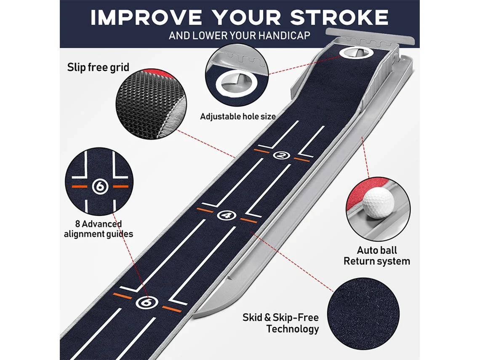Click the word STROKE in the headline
pos(339,17)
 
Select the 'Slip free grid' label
pos(98,67)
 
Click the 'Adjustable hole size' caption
pos(238,116)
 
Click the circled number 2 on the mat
pos(281,155)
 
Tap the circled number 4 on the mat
pos(227,215)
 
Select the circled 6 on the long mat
pos(147,302)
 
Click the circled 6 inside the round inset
pos(100,186)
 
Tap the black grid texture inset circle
pos(151,104)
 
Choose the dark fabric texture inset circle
pos(363,313)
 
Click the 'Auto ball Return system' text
pos(376,256)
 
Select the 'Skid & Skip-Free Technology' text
pos(280,323)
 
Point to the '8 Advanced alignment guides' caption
pos(98,229)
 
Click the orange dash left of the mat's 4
pos(205,210)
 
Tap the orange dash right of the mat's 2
pos(302,159)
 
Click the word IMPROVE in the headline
pos(146,17)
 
